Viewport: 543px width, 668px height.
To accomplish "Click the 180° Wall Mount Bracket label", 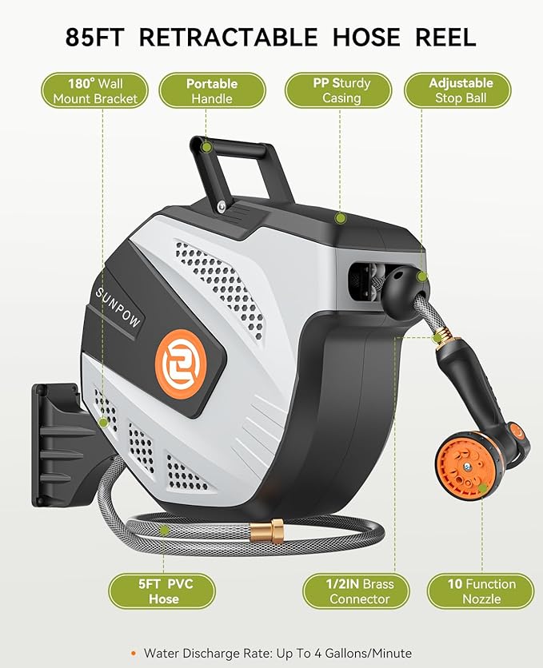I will click(96, 90).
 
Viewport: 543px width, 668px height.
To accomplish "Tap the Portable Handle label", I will click(212, 90).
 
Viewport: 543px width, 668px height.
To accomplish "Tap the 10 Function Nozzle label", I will click(481, 591).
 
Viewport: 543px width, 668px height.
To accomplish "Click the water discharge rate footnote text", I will click(277, 654).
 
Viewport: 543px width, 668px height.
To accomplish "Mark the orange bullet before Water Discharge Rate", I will click(134, 654).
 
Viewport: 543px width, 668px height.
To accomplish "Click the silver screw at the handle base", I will click(220, 207).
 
